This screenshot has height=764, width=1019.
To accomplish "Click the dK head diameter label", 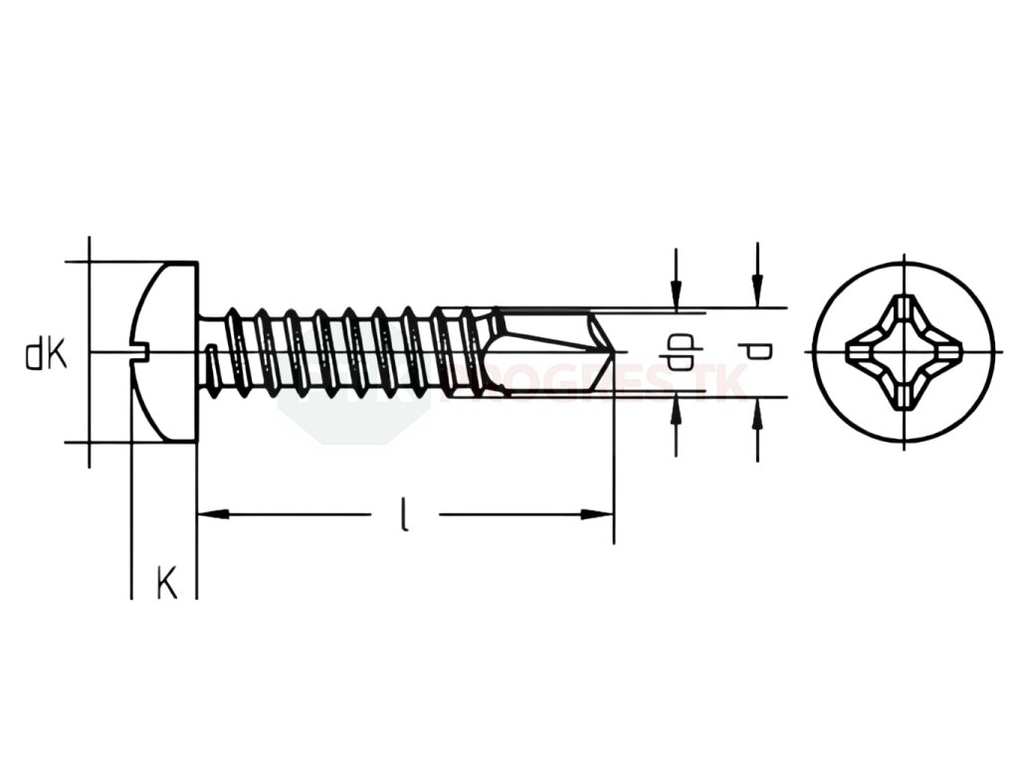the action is pos(47,354).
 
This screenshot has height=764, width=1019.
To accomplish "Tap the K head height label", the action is pos(166,582).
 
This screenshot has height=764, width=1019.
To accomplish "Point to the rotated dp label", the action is pos(679,351).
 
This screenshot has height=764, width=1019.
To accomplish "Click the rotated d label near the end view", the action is pos(757,350).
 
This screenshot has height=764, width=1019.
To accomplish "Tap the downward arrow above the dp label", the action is pos(677,293).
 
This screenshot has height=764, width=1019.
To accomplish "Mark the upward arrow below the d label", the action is pos(758,412).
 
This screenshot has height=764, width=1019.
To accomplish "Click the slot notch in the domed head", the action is pos(140,349).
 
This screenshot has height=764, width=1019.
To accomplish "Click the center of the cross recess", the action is pos(905,352).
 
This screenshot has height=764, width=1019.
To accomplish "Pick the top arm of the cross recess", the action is pos(905,307).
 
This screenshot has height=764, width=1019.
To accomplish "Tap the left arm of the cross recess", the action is pos(860,352).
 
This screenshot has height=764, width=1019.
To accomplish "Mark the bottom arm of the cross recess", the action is pos(905,397).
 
